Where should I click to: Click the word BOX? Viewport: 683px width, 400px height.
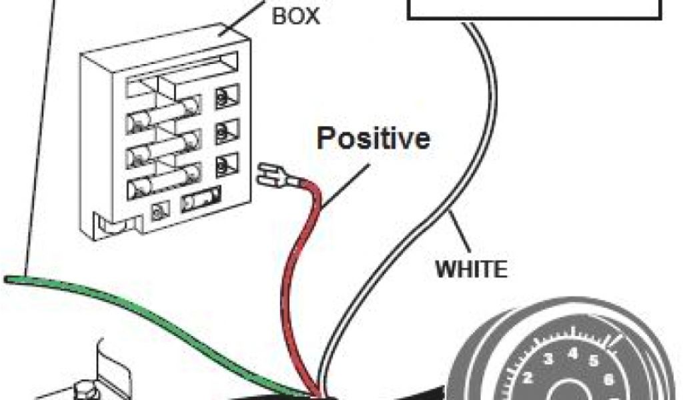295,16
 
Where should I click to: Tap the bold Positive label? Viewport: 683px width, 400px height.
373,139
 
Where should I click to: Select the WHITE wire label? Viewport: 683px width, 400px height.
471,269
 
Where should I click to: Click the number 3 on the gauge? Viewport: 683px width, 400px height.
548,361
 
